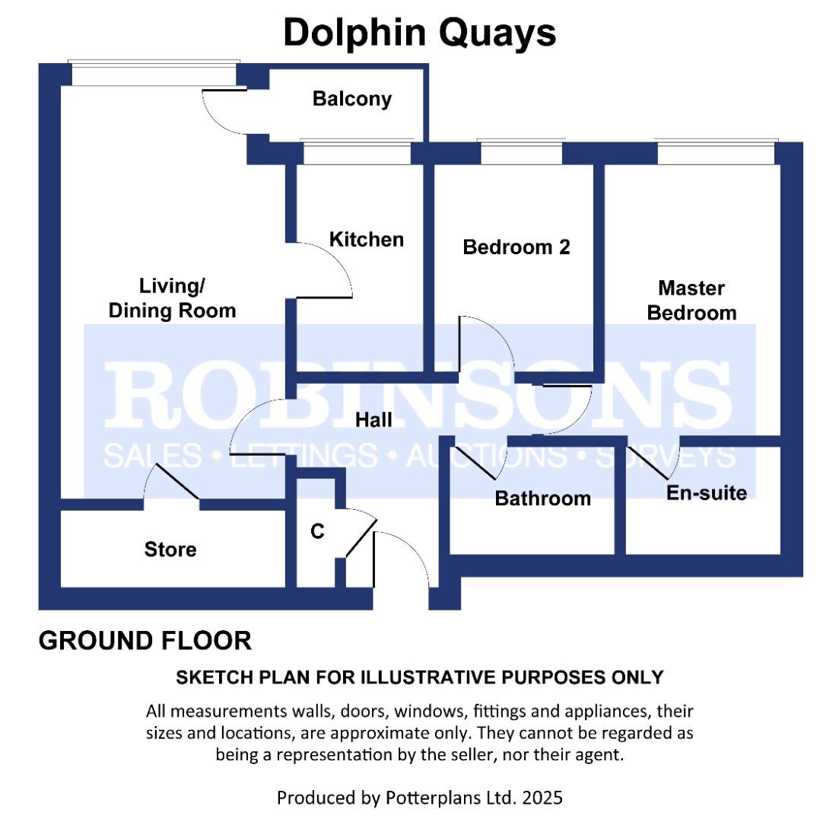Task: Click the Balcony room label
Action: point(352,100)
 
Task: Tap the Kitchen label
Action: point(367,240)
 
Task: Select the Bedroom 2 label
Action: point(516,247)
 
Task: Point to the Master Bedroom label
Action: point(691,301)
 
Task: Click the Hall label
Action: point(373,420)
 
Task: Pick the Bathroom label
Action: point(542,499)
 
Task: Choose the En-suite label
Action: point(707,492)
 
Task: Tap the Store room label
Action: point(170,550)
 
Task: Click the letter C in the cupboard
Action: point(317,531)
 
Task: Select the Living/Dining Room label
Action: point(172,298)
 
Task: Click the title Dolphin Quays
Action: point(420,33)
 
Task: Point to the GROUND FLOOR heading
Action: point(145,641)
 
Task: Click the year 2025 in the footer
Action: point(542,798)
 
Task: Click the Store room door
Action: point(177,482)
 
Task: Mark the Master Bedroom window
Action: point(716,153)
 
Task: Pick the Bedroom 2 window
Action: point(521,153)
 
